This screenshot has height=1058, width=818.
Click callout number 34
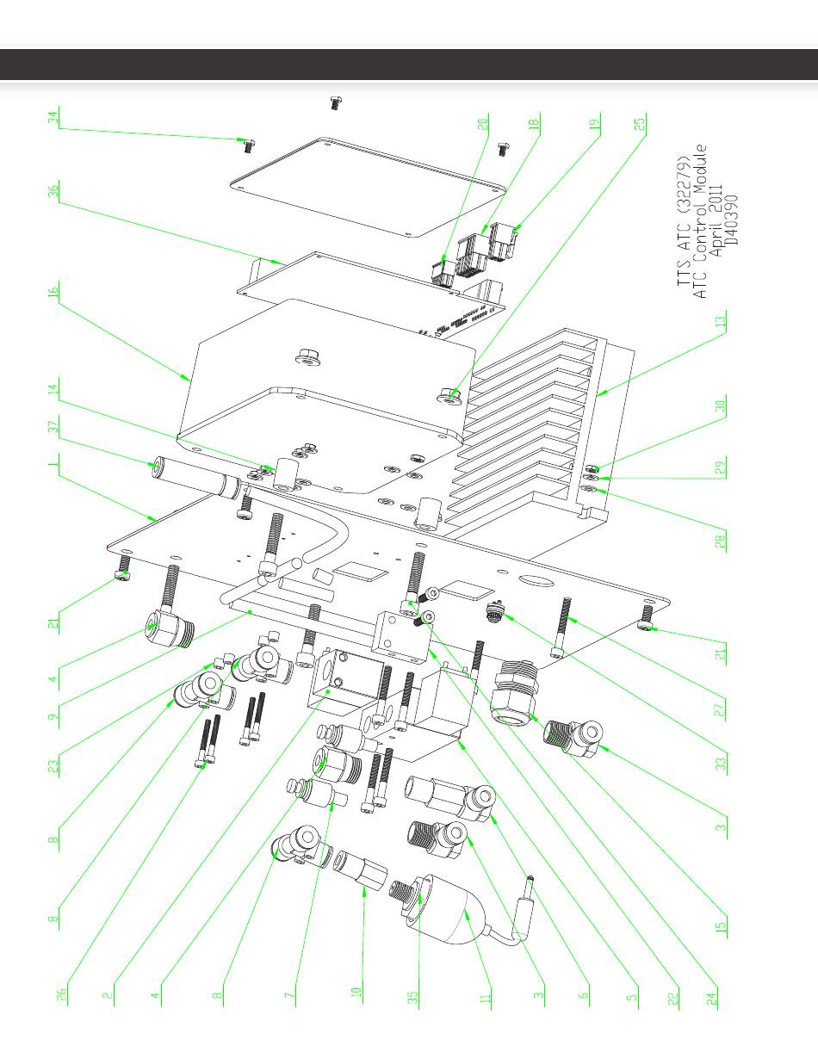[x=53, y=117]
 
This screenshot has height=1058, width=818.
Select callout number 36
[x=53, y=190]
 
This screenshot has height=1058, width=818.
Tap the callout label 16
[x=53, y=292]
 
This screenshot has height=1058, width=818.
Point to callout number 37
[x=53, y=426]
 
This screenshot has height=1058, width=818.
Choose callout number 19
[x=594, y=124]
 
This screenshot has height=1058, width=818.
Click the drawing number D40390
[x=731, y=220]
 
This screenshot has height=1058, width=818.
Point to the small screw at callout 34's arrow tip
[x=248, y=145]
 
